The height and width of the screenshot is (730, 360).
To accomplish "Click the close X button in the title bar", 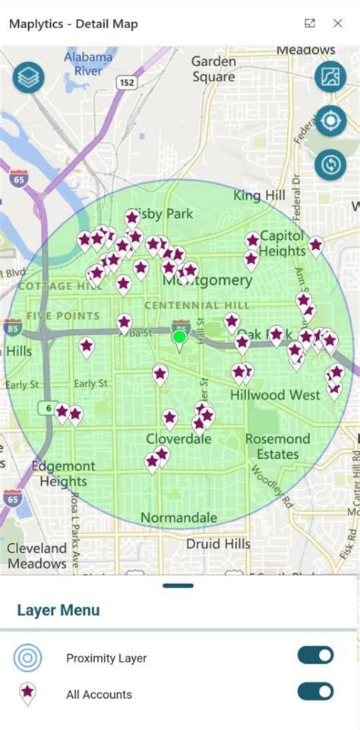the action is click(x=338, y=24).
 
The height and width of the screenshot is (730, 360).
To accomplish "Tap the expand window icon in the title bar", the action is click(x=310, y=24).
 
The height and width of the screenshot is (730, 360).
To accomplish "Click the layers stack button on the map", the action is click(x=28, y=77).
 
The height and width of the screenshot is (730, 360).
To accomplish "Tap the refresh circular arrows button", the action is click(x=330, y=165).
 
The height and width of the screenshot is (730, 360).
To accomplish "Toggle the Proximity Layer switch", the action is click(x=315, y=656).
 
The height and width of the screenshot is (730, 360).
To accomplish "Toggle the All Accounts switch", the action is click(x=315, y=691).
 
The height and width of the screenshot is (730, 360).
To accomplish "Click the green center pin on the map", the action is click(x=179, y=339).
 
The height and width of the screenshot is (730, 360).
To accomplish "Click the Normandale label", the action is click(x=179, y=518).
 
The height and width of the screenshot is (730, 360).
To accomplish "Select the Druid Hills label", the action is click(x=218, y=544).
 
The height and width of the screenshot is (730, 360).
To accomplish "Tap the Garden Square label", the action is click(x=213, y=69).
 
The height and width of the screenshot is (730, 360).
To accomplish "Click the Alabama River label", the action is click(x=89, y=64).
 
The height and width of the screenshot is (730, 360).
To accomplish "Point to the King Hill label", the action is click(x=259, y=196).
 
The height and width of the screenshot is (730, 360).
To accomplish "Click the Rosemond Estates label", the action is click(x=277, y=447).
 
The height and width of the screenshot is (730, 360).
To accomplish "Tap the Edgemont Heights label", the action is click(x=64, y=474).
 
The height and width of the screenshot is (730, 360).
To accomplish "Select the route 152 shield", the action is click(x=127, y=82).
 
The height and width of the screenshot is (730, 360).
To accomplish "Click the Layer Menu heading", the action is click(x=58, y=610).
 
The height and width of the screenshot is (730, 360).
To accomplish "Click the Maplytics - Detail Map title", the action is click(x=74, y=24).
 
